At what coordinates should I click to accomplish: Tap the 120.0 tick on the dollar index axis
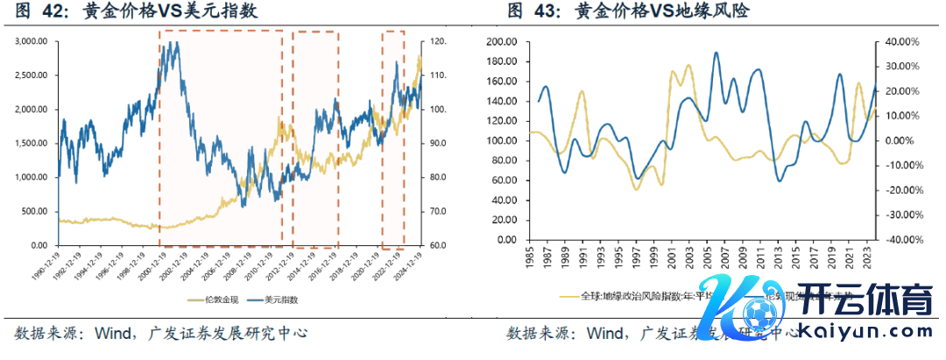tap(435, 41)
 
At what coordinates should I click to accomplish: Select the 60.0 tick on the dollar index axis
tap(435, 245)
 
